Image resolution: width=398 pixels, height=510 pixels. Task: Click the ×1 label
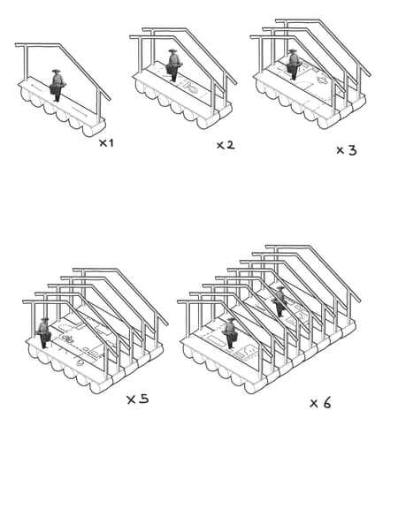coord(106,143)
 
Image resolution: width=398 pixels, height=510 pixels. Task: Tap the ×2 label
coord(226,145)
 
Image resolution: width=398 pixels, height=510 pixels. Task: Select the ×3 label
coord(346,150)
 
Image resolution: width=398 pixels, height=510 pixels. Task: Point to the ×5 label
coord(138,400)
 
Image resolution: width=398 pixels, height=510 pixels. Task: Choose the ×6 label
coord(320,403)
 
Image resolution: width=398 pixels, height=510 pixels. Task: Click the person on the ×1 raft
coord(57,85)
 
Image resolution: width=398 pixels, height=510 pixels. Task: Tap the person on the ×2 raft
coord(173,65)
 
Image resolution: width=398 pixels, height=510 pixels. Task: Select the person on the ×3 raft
coord(294,65)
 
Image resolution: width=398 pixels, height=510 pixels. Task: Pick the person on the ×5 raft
coord(44,332)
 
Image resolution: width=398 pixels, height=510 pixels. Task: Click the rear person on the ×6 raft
coord(279,301)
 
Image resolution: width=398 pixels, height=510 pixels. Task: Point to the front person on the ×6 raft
coord(230,333)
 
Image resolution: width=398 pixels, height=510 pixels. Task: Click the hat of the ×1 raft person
coord(57,71)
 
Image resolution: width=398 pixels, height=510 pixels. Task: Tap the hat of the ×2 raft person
coord(172,50)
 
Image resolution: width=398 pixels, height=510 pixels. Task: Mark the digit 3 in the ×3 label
coord(352,150)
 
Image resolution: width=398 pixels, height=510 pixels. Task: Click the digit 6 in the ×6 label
coord(326,403)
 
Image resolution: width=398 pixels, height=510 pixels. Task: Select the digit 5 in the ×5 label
coord(143,399)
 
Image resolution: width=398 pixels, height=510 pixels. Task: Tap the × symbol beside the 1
coord(103,143)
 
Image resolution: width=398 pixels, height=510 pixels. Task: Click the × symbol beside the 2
coord(220,146)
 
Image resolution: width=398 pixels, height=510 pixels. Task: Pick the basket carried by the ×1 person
coord(55,88)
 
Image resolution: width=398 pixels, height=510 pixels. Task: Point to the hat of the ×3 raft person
coord(293,50)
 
